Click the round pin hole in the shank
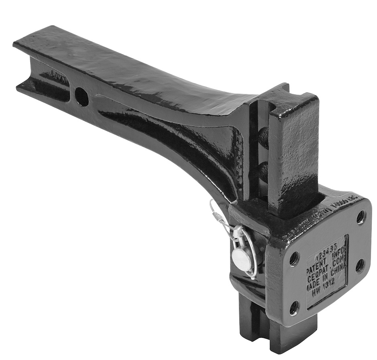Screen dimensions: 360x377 click(x=82, y=96)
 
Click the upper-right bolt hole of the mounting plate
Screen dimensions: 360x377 click(x=361, y=217)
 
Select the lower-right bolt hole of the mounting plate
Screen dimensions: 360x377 click(x=360, y=265)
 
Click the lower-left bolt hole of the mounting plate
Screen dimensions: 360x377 click(x=294, y=308)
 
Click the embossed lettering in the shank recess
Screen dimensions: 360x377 click(x=59, y=75)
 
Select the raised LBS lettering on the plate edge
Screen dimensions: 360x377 click(x=353, y=199)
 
